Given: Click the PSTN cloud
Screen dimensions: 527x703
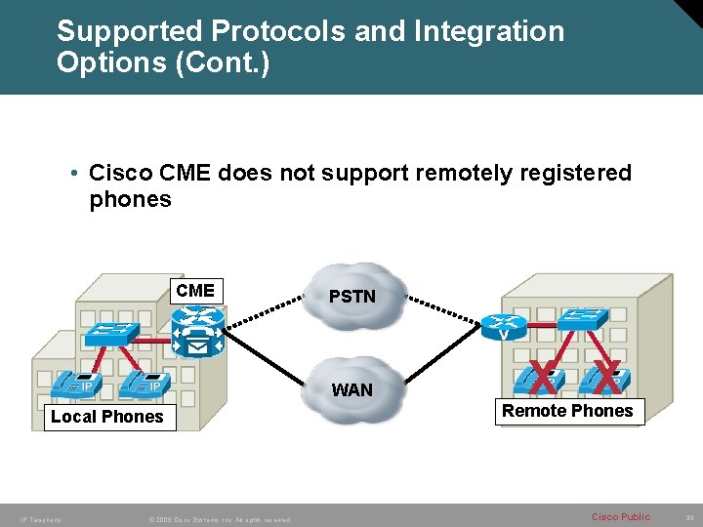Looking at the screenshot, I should (352, 296).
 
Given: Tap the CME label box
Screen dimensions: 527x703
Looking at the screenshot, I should (195, 291).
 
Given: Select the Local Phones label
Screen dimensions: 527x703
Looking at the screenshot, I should (107, 417).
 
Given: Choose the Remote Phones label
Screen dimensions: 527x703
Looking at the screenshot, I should (567, 411).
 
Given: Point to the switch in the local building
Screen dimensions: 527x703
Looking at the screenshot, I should (111, 332).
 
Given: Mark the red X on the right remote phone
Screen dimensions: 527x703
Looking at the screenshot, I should (606, 377).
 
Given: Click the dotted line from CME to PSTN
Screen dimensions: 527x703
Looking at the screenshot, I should (269, 303).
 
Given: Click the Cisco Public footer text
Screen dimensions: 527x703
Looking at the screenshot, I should (621, 516).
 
